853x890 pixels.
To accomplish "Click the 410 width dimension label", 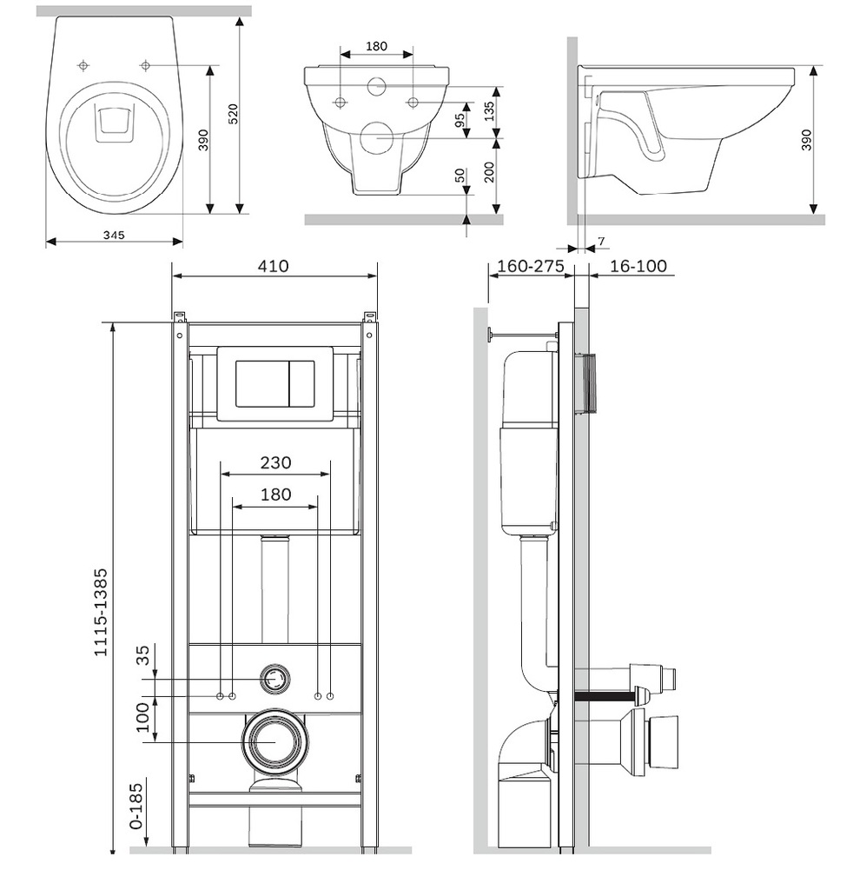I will coord(273,266).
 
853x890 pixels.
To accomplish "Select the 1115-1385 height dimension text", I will coord(101,612).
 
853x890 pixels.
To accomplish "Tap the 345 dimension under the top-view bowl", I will coord(114,235).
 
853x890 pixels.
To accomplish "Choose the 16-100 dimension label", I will coord(638,266).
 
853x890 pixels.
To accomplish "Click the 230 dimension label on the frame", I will coord(274,462).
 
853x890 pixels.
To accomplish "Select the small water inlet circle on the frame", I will coord(275,679).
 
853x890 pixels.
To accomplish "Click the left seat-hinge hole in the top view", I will coord(83,65).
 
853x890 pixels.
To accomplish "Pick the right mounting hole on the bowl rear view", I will coord(413,103).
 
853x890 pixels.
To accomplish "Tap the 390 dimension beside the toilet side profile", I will coord(806,139).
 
